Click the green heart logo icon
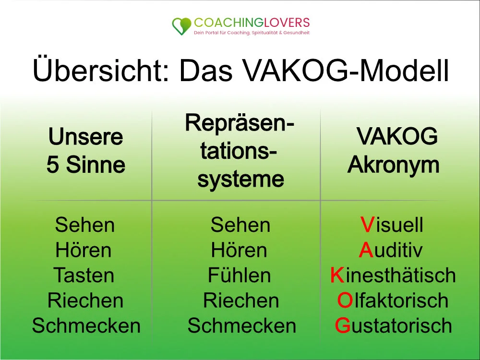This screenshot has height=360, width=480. pos(181,26)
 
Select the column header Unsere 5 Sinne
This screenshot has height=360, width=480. pos(86,151)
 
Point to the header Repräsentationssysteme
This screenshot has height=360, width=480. pos(240,152)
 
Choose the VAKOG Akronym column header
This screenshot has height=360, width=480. pos(393,151)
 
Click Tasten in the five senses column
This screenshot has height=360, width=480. pos(84,276)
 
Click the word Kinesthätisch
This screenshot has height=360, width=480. pos(393,276)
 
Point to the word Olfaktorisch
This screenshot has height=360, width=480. pos(393,300)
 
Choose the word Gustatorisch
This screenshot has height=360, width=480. pos(393,325)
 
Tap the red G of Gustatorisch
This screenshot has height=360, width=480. pos(342,325)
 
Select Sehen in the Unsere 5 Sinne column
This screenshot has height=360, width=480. pos(85,225)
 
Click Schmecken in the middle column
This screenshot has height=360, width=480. pos(242,325)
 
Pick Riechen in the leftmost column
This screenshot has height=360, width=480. pos(85,300)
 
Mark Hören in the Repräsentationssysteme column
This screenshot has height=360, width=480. pos(239,250)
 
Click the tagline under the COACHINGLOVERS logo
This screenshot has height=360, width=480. pos(252,33)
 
